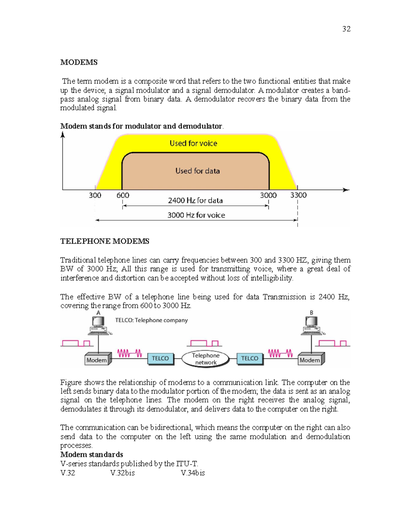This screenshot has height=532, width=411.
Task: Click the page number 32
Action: point(346,29)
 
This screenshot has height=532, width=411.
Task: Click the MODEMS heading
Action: point(79,62)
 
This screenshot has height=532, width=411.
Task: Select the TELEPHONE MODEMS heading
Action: point(104,241)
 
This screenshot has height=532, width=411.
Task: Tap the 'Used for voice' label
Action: point(193,143)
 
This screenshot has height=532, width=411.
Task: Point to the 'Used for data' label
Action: point(197,171)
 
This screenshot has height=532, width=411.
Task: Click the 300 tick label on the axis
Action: point(95,195)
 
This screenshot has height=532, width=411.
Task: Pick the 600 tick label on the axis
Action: point(123,195)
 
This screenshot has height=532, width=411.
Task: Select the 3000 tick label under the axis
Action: point(268,195)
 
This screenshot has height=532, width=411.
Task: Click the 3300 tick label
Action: point(298,195)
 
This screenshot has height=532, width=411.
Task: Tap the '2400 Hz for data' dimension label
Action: point(195,200)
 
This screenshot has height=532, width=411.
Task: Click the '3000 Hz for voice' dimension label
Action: point(196,215)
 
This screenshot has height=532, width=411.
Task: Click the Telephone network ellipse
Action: point(206,359)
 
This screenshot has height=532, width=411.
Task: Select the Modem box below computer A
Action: point(97,360)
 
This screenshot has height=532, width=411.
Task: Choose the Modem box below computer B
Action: point(310,360)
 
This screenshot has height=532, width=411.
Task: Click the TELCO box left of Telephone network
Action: point(160,358)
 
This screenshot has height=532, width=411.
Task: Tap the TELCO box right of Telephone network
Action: point(249,358)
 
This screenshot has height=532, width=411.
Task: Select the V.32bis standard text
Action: point(122,473)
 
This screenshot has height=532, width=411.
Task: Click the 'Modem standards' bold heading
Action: point(91,455)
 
